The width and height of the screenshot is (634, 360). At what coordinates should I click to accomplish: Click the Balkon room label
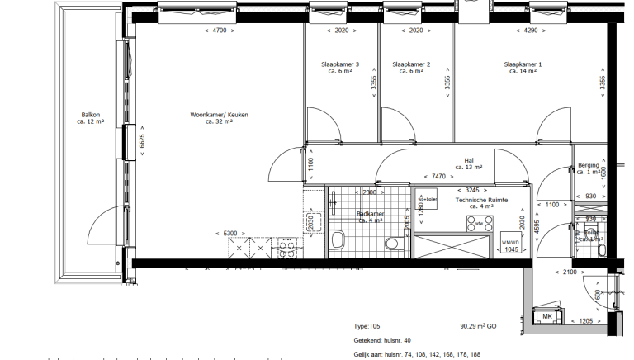pos(90,116)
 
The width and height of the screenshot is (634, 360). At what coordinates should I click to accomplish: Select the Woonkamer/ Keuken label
pos(219,116)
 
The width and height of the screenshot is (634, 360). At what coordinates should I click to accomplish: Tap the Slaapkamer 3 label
pos(340,64)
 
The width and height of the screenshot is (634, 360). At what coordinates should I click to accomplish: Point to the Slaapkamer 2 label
pos(411,64)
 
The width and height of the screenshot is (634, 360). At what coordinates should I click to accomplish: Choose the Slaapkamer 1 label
pos(523,64)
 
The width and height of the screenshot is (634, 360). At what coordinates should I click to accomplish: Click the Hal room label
pos(468,162)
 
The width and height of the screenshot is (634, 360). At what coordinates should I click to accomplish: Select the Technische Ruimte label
pos(481,201)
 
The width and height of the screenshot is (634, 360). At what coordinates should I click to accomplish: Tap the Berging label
pos(588,166)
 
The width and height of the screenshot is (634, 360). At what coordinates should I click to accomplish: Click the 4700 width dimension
pos(219,31)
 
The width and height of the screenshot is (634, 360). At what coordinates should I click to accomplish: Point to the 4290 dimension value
pos(525,31)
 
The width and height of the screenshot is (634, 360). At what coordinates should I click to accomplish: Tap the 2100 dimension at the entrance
pos(570,272)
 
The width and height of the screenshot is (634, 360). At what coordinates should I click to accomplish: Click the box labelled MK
pos(546,316)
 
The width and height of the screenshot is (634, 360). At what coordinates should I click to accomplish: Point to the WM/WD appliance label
pos(512,242)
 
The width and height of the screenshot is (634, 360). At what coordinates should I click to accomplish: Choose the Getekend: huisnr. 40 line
pos(381,340)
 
